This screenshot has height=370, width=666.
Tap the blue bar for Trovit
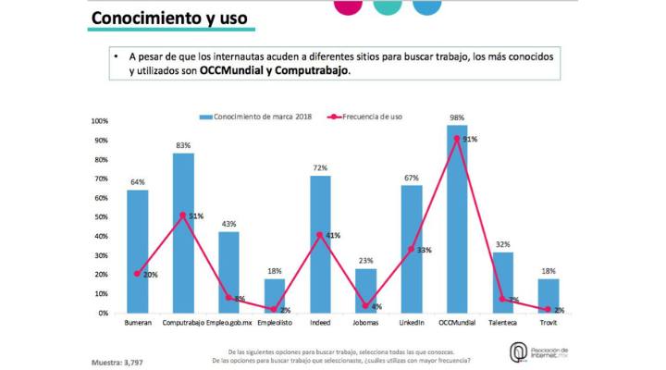click(x=549, y=296)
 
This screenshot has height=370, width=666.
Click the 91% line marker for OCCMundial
click(x=456, y=139)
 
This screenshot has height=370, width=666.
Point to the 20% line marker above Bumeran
click(x=137, y=274)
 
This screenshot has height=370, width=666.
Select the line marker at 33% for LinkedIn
click(x=411, y=250)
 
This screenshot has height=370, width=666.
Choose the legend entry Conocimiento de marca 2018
click(x=260, y=117)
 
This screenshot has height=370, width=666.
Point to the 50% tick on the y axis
click(x=100, y=217)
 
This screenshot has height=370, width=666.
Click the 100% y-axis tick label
click(x=99, y=121)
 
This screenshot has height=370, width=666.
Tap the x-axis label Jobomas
click(x=365, y=324)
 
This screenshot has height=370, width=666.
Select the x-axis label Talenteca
click(x=502, y=324)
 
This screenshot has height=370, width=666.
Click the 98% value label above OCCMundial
click(x=456, y=117)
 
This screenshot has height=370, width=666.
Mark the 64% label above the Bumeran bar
click(x=137, y=182)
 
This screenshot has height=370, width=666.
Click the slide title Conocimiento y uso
click(x=169, y=18)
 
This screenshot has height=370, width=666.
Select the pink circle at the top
click(x=345, y=5)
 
